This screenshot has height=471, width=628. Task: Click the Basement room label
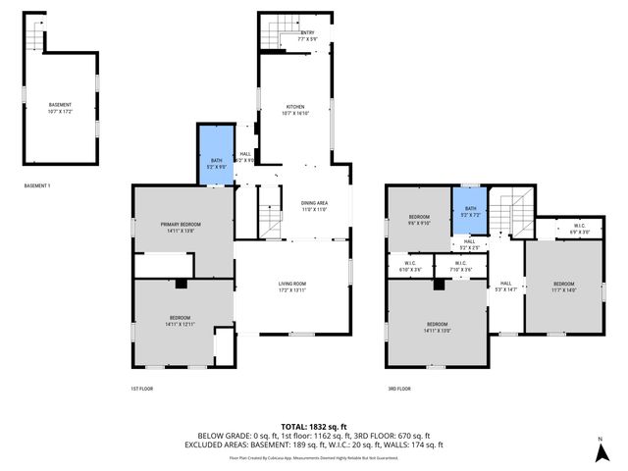click(x=60, y=106)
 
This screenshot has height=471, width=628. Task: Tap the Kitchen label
click(x=295, y=109)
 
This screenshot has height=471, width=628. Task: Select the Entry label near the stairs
click(x=307, y=35)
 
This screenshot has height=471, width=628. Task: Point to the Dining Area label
click(x=314, y=205)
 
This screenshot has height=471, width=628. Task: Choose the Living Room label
click(x=291, y=286)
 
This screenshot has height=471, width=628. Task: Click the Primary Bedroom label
click(x=184, y=227)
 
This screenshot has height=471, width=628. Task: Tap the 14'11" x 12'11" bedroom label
click(x=181, y=320)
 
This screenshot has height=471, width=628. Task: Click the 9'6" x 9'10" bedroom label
click(x=419, y=219)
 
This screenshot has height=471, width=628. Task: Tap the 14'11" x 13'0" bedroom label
click(x=438, y=327)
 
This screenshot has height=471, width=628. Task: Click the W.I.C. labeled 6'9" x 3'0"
click(x=579, y=228)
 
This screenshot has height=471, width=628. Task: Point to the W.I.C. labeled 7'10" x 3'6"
click(x=460, y=265)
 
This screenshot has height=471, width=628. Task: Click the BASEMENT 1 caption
click(x=37, y=185)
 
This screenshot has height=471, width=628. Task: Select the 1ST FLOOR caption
click(x=142, y=389)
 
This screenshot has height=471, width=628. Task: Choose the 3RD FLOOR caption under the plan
click(x=398, y=389)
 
